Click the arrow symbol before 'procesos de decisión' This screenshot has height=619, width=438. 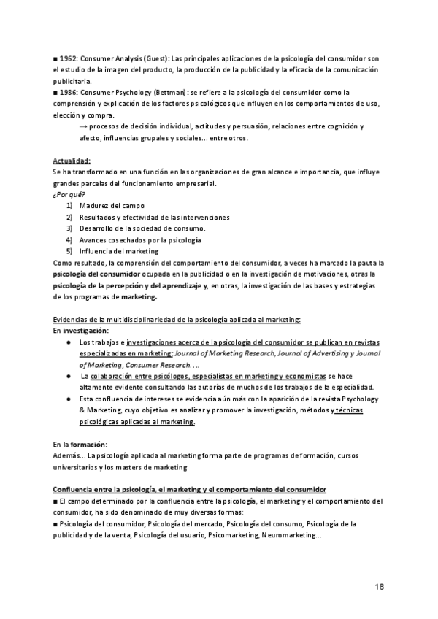tap(82, 126)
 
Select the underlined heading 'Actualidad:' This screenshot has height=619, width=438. tap(71, 160)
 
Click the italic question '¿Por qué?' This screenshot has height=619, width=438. tap(69, 195)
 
